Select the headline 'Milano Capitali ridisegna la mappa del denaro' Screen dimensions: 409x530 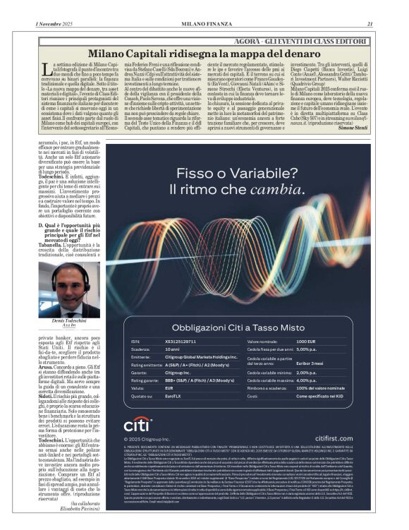click(x=204, y=52)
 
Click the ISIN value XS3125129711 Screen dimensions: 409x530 click(x=183, y=342)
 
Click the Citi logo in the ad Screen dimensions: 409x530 click(x=138, y=425)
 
